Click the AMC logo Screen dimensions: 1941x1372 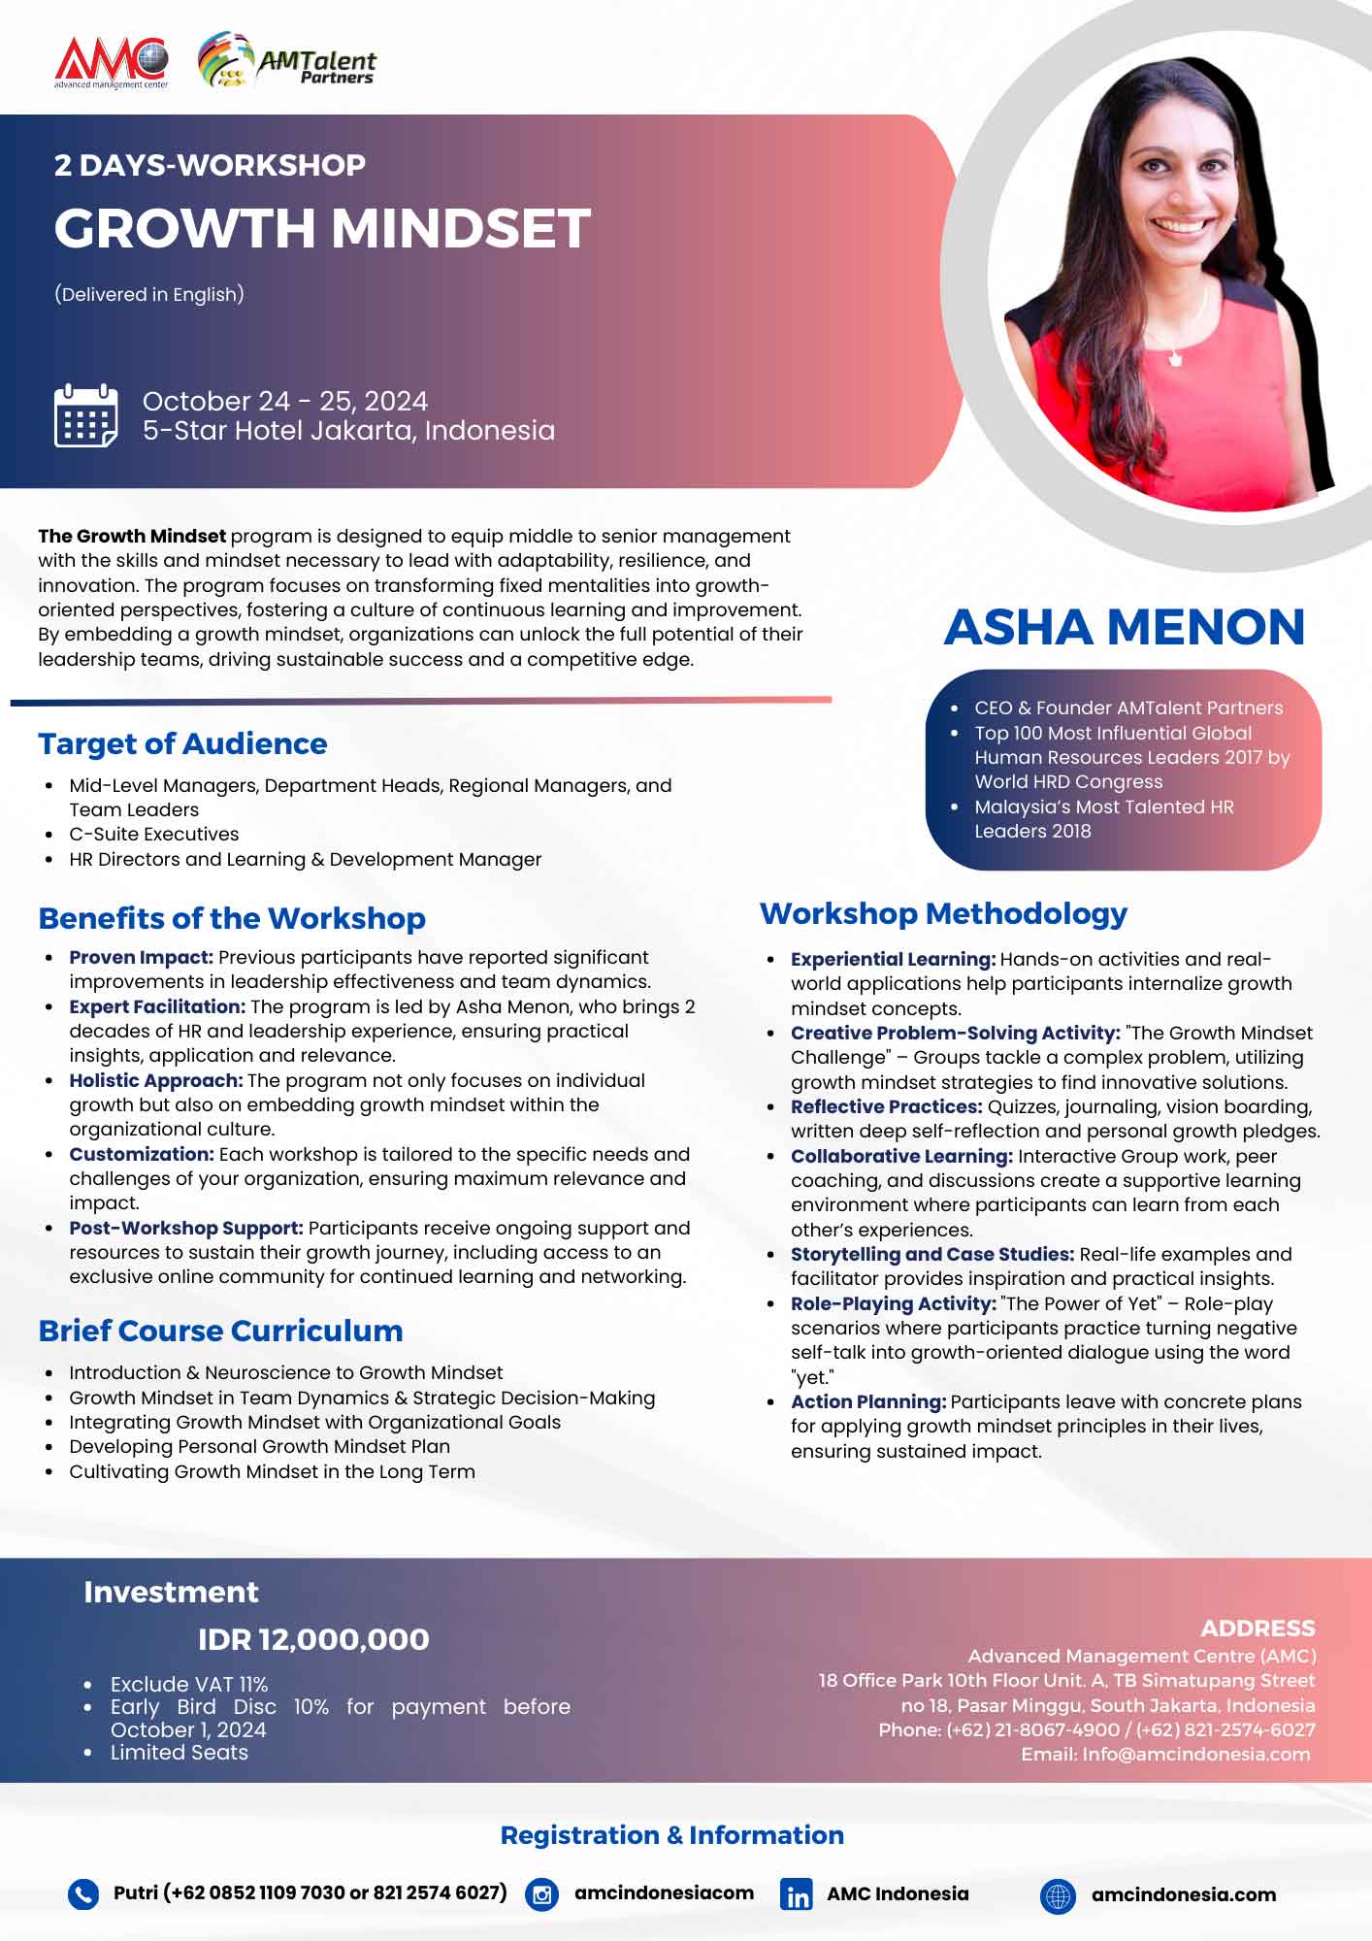112,62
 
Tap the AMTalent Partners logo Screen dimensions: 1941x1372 287,62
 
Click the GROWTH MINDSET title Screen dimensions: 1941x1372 322,228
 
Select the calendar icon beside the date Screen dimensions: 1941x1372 86,415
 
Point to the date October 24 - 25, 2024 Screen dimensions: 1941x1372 285,401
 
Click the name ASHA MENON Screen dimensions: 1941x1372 1124,627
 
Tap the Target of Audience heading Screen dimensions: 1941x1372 182,743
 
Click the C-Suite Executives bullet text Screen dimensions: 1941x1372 153,834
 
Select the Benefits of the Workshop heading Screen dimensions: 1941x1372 232,918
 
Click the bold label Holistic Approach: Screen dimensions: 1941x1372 155,1080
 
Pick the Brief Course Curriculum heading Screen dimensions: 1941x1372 220,1331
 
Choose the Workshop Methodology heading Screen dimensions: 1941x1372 943,913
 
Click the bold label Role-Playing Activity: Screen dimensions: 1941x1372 893,1303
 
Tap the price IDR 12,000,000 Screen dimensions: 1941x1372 313,1639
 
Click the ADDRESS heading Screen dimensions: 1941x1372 1258,1628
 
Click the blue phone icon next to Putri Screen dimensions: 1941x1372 83,1894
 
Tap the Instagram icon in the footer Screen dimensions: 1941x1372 541,1894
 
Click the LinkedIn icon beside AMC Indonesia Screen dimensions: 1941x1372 797,1894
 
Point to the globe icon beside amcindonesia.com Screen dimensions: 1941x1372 1058,1894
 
